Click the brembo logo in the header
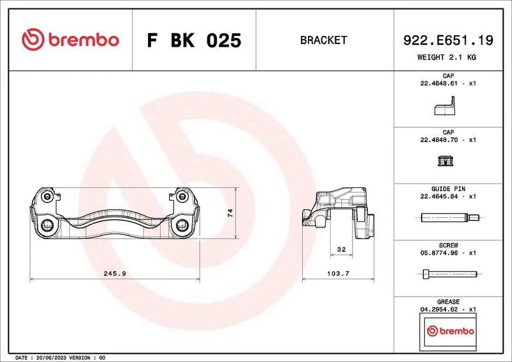pyautogui.click(x=70, y=40)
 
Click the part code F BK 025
pyautogui.click(x=194, y=40)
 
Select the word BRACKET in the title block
pyautogui.click(x=324, y=40)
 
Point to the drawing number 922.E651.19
pyautogui.click(x=448, y=40)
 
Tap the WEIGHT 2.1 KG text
pyautogui.click(x=447, y=57)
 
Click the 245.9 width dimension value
pyautogui.click(x=115, y=274)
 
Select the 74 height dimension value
pyautogui.click(x=230, y=213)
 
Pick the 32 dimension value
pyautogui.click(x=341, y=249)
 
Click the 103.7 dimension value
pyautogui.click(x=339, y=274)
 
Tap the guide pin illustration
pyautogui.click(x=450, y=217)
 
